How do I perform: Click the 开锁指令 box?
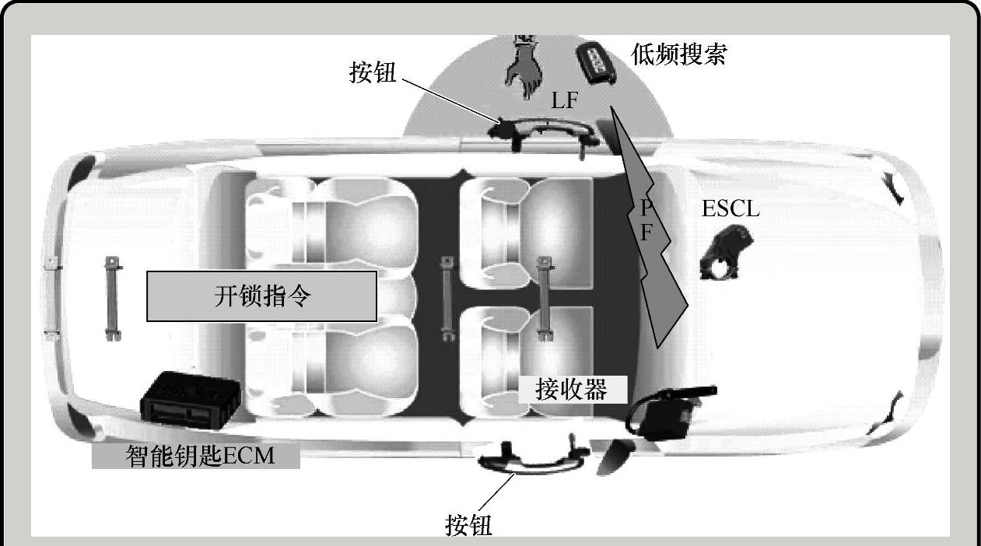tap(262, 296)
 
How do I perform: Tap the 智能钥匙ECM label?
tap(196, 455)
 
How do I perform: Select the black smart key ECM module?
tap(187, 399)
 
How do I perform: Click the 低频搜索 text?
tap(679, 54)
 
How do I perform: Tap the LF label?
tap(565, 100)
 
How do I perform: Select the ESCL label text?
tap(730, 208)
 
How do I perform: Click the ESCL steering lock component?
tap(726, 252)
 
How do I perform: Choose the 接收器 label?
tap(572, 389)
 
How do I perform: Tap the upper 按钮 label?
tap(373, 73)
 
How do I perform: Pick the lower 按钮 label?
tap(468, 525)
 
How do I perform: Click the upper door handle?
tap(548, 130)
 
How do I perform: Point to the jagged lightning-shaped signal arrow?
tap(654, 257)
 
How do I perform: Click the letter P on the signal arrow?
tap(645, 208)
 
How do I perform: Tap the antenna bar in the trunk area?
tap(113, 299)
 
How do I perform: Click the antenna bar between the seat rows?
tap(447, 298)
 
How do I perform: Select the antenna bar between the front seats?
tap(545, 298)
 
